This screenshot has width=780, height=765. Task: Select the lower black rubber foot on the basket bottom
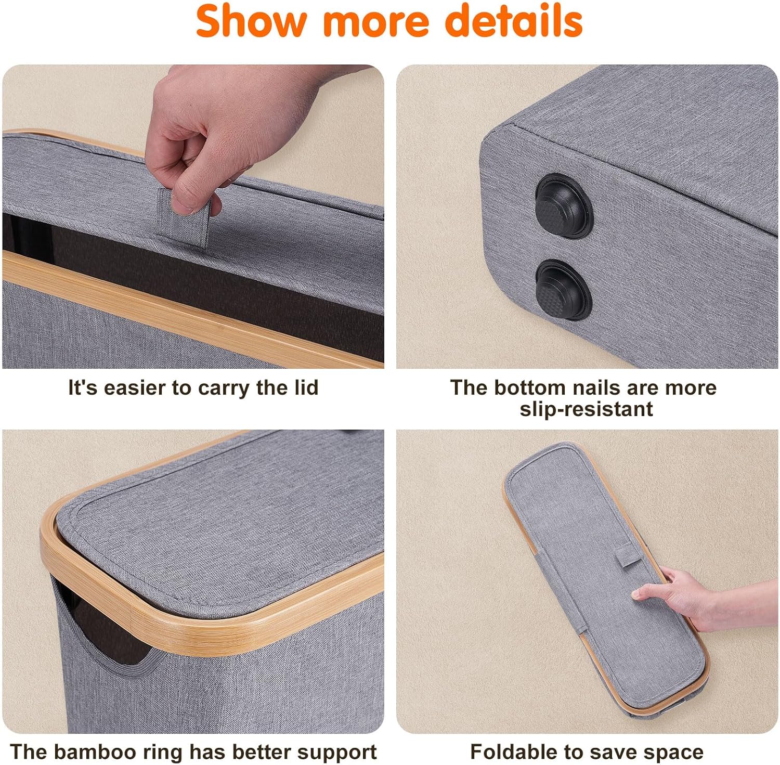click(x=563, y=290)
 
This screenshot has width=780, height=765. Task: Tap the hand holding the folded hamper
click(x=692, y=598)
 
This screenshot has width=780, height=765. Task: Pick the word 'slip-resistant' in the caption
click(x=586, y=409)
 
